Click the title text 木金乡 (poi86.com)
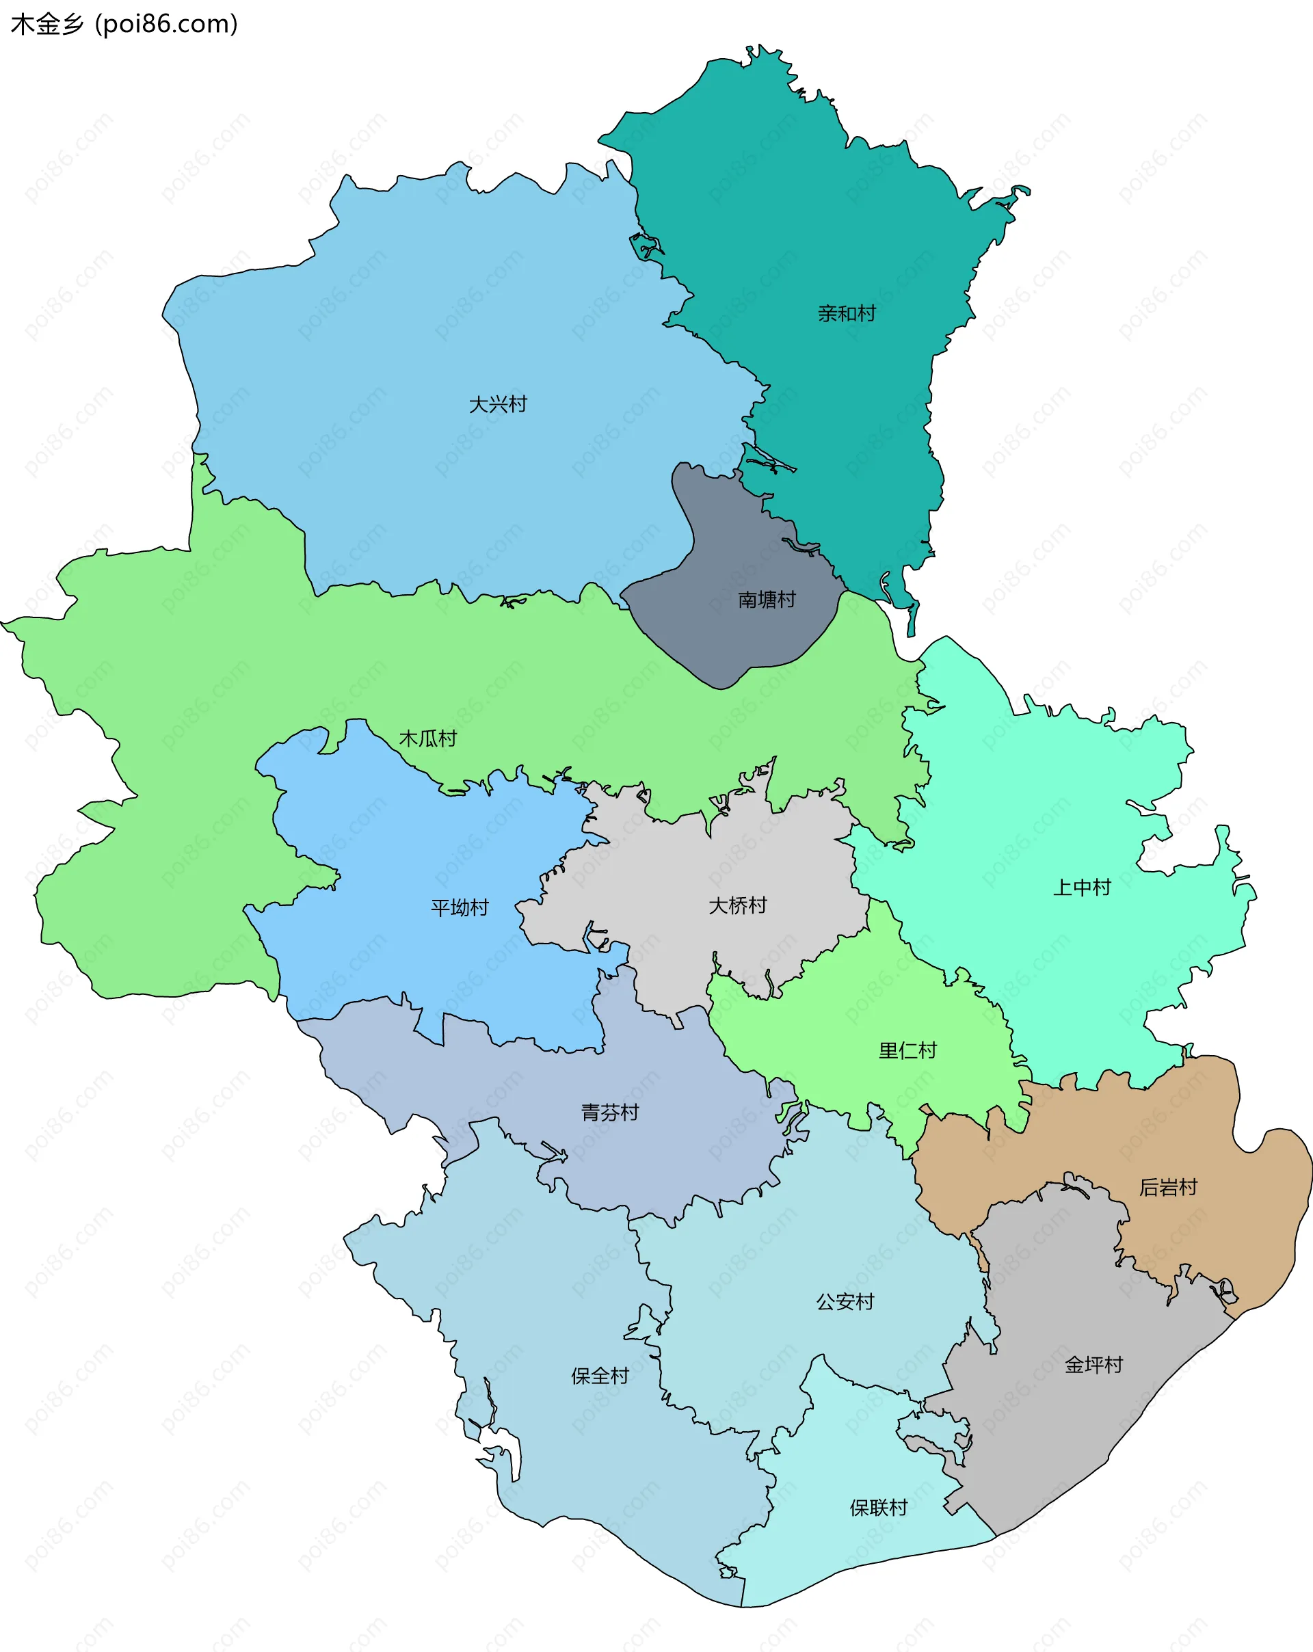click(124, 25)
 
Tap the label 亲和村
click(846, 313)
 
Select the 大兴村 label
click(499, 404)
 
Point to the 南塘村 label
click(767, 599)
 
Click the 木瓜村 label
click(427, 738)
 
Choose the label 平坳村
click(460, 908)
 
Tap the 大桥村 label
click(737, 906)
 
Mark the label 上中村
click(1082, 888)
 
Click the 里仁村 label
click(907, 1050)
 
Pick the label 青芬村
click(610, 1113)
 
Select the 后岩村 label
click(1168, 1188)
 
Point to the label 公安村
click(845, 1302)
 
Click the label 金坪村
click(1093, 1365)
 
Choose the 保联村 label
click(878, 1508)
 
